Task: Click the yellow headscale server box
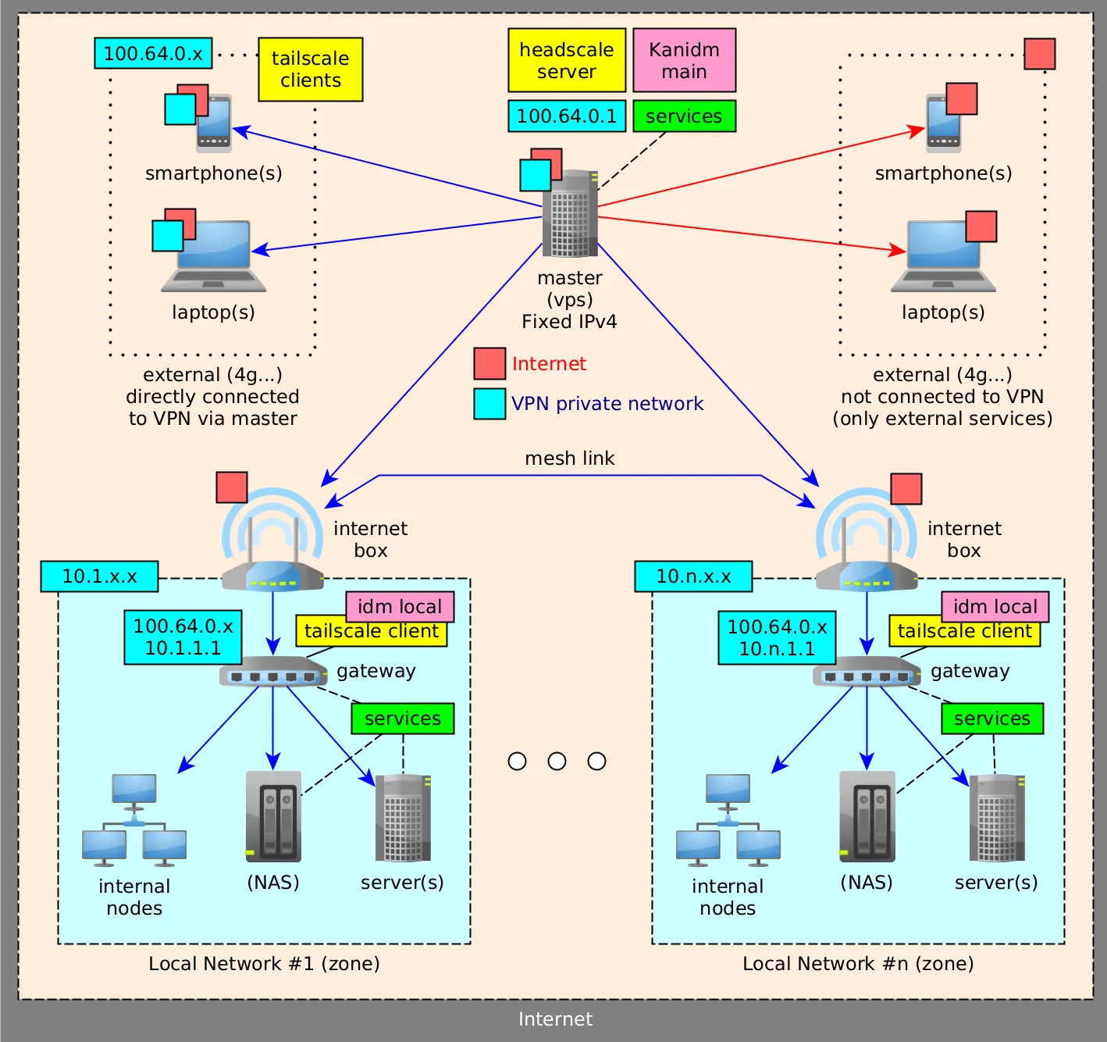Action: click(567, 60)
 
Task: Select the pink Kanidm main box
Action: click(684, 60)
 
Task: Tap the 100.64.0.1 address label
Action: click(567, 116)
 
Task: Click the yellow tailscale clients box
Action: click(311, 70)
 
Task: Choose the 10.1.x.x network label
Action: click(99, 576)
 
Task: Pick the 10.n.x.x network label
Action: click(693, 576)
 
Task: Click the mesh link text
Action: click(569, 459)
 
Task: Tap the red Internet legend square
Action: click(489, 363)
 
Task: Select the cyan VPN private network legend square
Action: click(489, 404)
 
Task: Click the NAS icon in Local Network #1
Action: click(273, 816)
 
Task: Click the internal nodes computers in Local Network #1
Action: click(134, 820)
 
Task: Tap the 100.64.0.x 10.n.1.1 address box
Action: click(777, 637)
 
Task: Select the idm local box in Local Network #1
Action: click(400, 606)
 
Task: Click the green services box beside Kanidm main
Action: click(684, 116)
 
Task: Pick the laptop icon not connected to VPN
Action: click(943, 256)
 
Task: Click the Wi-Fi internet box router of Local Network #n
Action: click(866, 547)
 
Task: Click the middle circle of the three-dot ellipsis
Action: click(557, 761)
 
